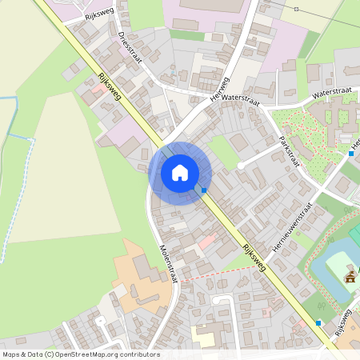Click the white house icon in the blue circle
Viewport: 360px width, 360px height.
tap(180, 172)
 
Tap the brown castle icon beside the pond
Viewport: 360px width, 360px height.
tap(350, 277)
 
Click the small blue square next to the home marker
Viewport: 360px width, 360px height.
tap(204, 190)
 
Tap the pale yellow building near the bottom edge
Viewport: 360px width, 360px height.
tap(203, 337)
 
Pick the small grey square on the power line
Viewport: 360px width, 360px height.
tap(296, 9)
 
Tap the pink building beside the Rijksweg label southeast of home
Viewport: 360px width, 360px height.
tap(207, 240)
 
